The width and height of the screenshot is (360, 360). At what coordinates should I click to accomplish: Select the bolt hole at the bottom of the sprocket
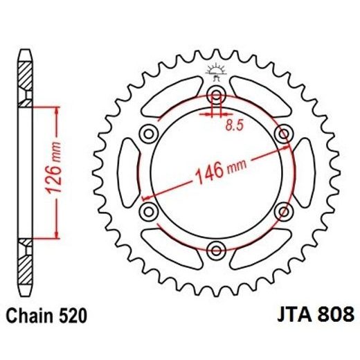tap(217, 249)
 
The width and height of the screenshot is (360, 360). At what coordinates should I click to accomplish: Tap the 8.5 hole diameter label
tap(235, 126)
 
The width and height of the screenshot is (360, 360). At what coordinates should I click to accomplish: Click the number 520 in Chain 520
tap(71, 316)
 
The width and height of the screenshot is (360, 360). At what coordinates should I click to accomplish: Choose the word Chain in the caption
tap(30, 316)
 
